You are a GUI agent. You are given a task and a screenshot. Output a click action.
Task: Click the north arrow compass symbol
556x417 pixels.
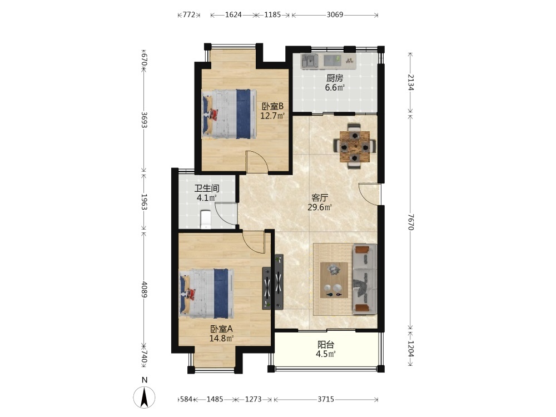[145, 397]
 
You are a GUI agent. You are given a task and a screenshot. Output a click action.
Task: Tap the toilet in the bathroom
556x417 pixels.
[206, 220]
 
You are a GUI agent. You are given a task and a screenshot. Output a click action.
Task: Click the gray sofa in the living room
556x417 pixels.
[365, 279]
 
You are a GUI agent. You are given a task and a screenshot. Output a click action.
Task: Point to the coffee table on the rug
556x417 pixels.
[334, 280]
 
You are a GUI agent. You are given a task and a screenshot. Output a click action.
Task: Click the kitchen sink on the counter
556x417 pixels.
[310, 61]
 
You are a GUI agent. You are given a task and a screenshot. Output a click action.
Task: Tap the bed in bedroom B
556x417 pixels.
[230, 114]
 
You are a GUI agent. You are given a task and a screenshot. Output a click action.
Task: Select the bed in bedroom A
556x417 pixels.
[207, 294]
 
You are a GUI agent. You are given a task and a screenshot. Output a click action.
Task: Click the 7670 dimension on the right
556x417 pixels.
[411, 222]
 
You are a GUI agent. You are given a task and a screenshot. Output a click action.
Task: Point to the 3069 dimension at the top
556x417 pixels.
[335, 14]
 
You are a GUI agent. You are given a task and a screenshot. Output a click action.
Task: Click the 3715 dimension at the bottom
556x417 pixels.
[325, 399]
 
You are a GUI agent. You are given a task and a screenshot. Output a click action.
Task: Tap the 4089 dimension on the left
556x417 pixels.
[145, 289]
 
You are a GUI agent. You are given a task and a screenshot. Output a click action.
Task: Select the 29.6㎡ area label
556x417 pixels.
[320, 207]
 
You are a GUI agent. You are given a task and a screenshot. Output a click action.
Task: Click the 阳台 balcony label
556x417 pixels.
[326, 344]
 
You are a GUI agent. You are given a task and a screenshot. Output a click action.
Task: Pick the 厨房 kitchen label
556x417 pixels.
[335, 78]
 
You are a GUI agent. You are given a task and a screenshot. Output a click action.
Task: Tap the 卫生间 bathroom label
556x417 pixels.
[207, 188]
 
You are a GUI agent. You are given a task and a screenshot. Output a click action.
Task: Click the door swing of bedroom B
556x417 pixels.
[257, 162]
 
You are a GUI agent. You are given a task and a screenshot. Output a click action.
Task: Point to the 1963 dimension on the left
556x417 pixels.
[145, 202]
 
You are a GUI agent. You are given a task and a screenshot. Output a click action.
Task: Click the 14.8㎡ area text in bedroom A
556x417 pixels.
[221, 338]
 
